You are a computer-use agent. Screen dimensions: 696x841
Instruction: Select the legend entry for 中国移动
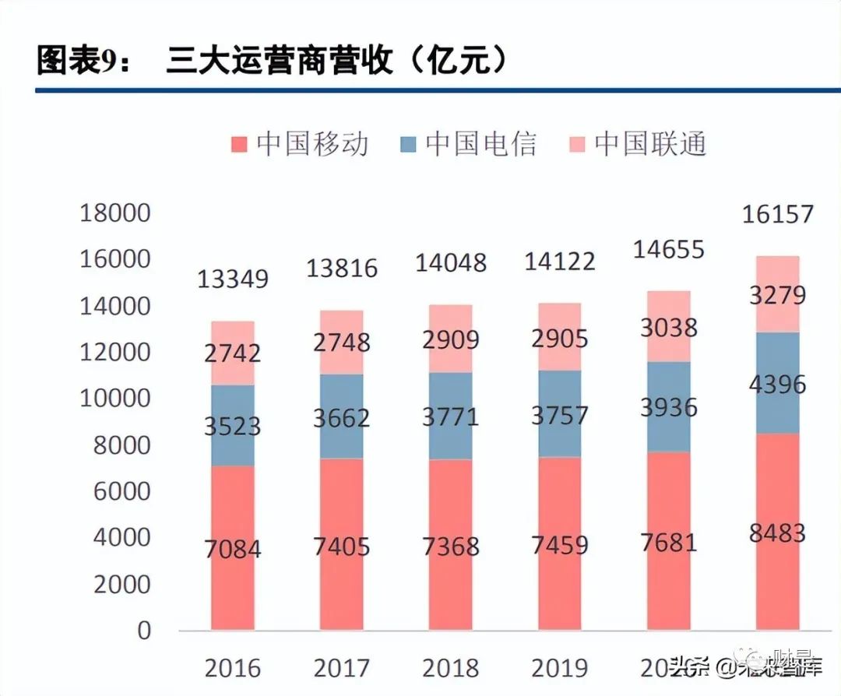point(300,144)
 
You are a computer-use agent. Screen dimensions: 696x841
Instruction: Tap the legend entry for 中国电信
point(469,144)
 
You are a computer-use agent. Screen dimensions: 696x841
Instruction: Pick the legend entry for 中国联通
point(638,144)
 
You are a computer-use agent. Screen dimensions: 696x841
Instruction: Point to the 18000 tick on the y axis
point(115,213)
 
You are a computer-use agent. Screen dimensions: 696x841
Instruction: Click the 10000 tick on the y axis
point(115,399)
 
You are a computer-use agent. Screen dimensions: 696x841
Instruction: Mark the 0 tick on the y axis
point(143,631)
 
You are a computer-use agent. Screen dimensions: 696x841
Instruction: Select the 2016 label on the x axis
point(232,668)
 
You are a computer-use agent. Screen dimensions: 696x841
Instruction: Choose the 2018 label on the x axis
point(450,668)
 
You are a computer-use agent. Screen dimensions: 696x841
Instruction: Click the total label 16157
point(777,214)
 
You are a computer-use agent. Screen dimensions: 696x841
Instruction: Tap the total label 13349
point(232,279)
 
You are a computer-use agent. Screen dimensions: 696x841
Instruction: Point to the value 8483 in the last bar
point(777,534)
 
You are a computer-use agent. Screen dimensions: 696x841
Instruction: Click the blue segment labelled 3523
point(232,427)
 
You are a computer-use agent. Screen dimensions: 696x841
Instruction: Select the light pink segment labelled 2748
point(341,343)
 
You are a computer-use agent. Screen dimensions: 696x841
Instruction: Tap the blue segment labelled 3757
point(559,414)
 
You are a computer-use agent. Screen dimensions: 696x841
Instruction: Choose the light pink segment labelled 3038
point(668,327)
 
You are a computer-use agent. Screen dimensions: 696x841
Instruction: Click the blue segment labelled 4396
point(777,384)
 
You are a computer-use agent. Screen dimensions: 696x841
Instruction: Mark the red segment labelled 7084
point(232,549)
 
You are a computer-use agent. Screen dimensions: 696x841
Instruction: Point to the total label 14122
point(559,260)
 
